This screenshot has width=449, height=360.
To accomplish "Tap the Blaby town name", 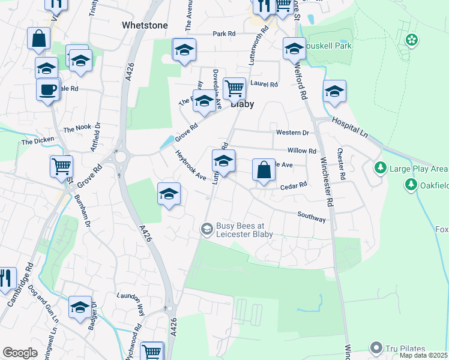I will (242, 104).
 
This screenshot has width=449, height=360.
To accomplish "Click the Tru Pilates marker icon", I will (376, 348).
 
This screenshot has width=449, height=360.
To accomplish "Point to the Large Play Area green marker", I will (380, 166).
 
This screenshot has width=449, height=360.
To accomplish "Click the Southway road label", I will (312, 217).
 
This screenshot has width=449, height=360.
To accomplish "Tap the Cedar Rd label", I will (294, 186).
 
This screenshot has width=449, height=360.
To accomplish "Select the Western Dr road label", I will (292, 132).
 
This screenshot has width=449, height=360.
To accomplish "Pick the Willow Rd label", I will (301, 151).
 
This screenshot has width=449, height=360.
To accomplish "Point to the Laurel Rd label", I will (265, 85).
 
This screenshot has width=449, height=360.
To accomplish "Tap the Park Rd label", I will (223, 34).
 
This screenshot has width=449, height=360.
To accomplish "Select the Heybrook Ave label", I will (190, 165).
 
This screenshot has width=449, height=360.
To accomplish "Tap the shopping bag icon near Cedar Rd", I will (264, 170).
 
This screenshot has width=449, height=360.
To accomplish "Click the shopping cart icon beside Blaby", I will (234, 89).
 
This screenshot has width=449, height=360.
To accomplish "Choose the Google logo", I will (20, 353).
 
